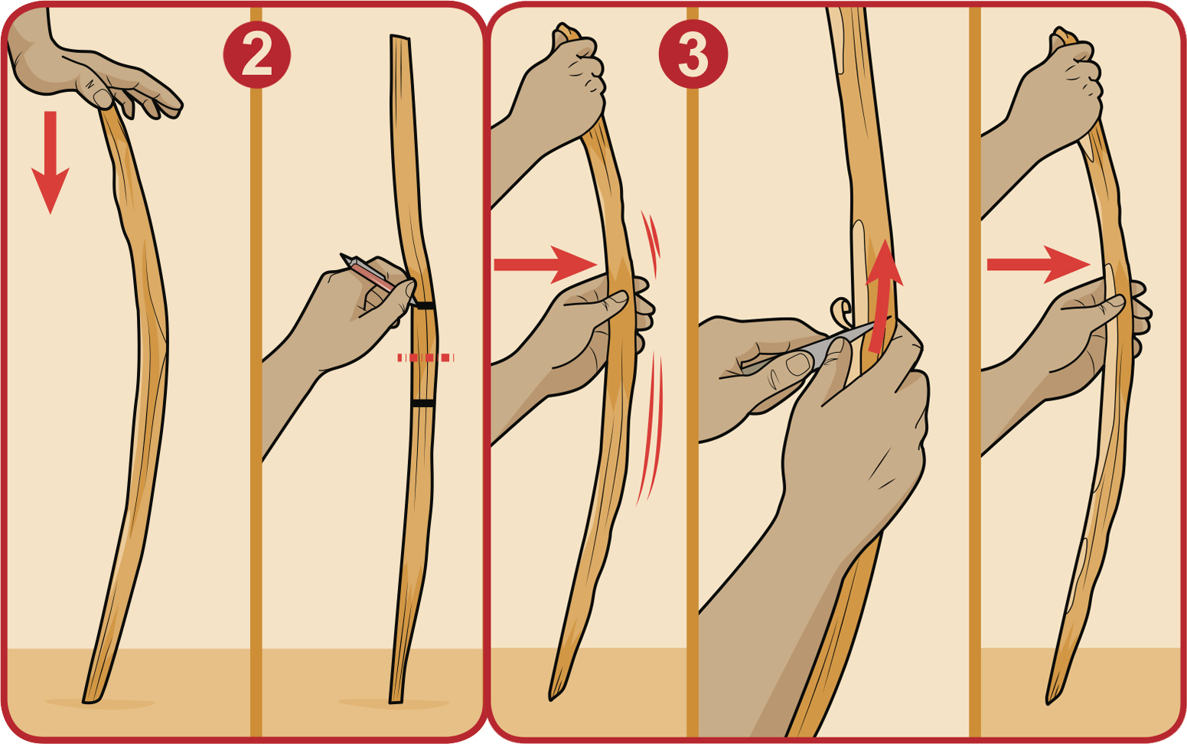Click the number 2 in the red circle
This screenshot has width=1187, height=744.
(256, 55)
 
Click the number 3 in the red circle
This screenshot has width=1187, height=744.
(693, 55)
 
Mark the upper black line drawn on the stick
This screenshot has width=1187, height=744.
(424, 305)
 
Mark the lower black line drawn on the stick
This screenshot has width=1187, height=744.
(422, 403)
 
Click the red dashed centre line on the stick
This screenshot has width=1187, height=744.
(426, 357)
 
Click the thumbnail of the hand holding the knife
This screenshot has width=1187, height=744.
(798, 364)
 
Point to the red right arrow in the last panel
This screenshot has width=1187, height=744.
(1038, 265)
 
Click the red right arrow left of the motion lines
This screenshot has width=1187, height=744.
(544, 265)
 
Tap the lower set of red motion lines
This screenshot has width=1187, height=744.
(651, 429)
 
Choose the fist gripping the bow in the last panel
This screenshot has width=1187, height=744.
(1060, 84)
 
